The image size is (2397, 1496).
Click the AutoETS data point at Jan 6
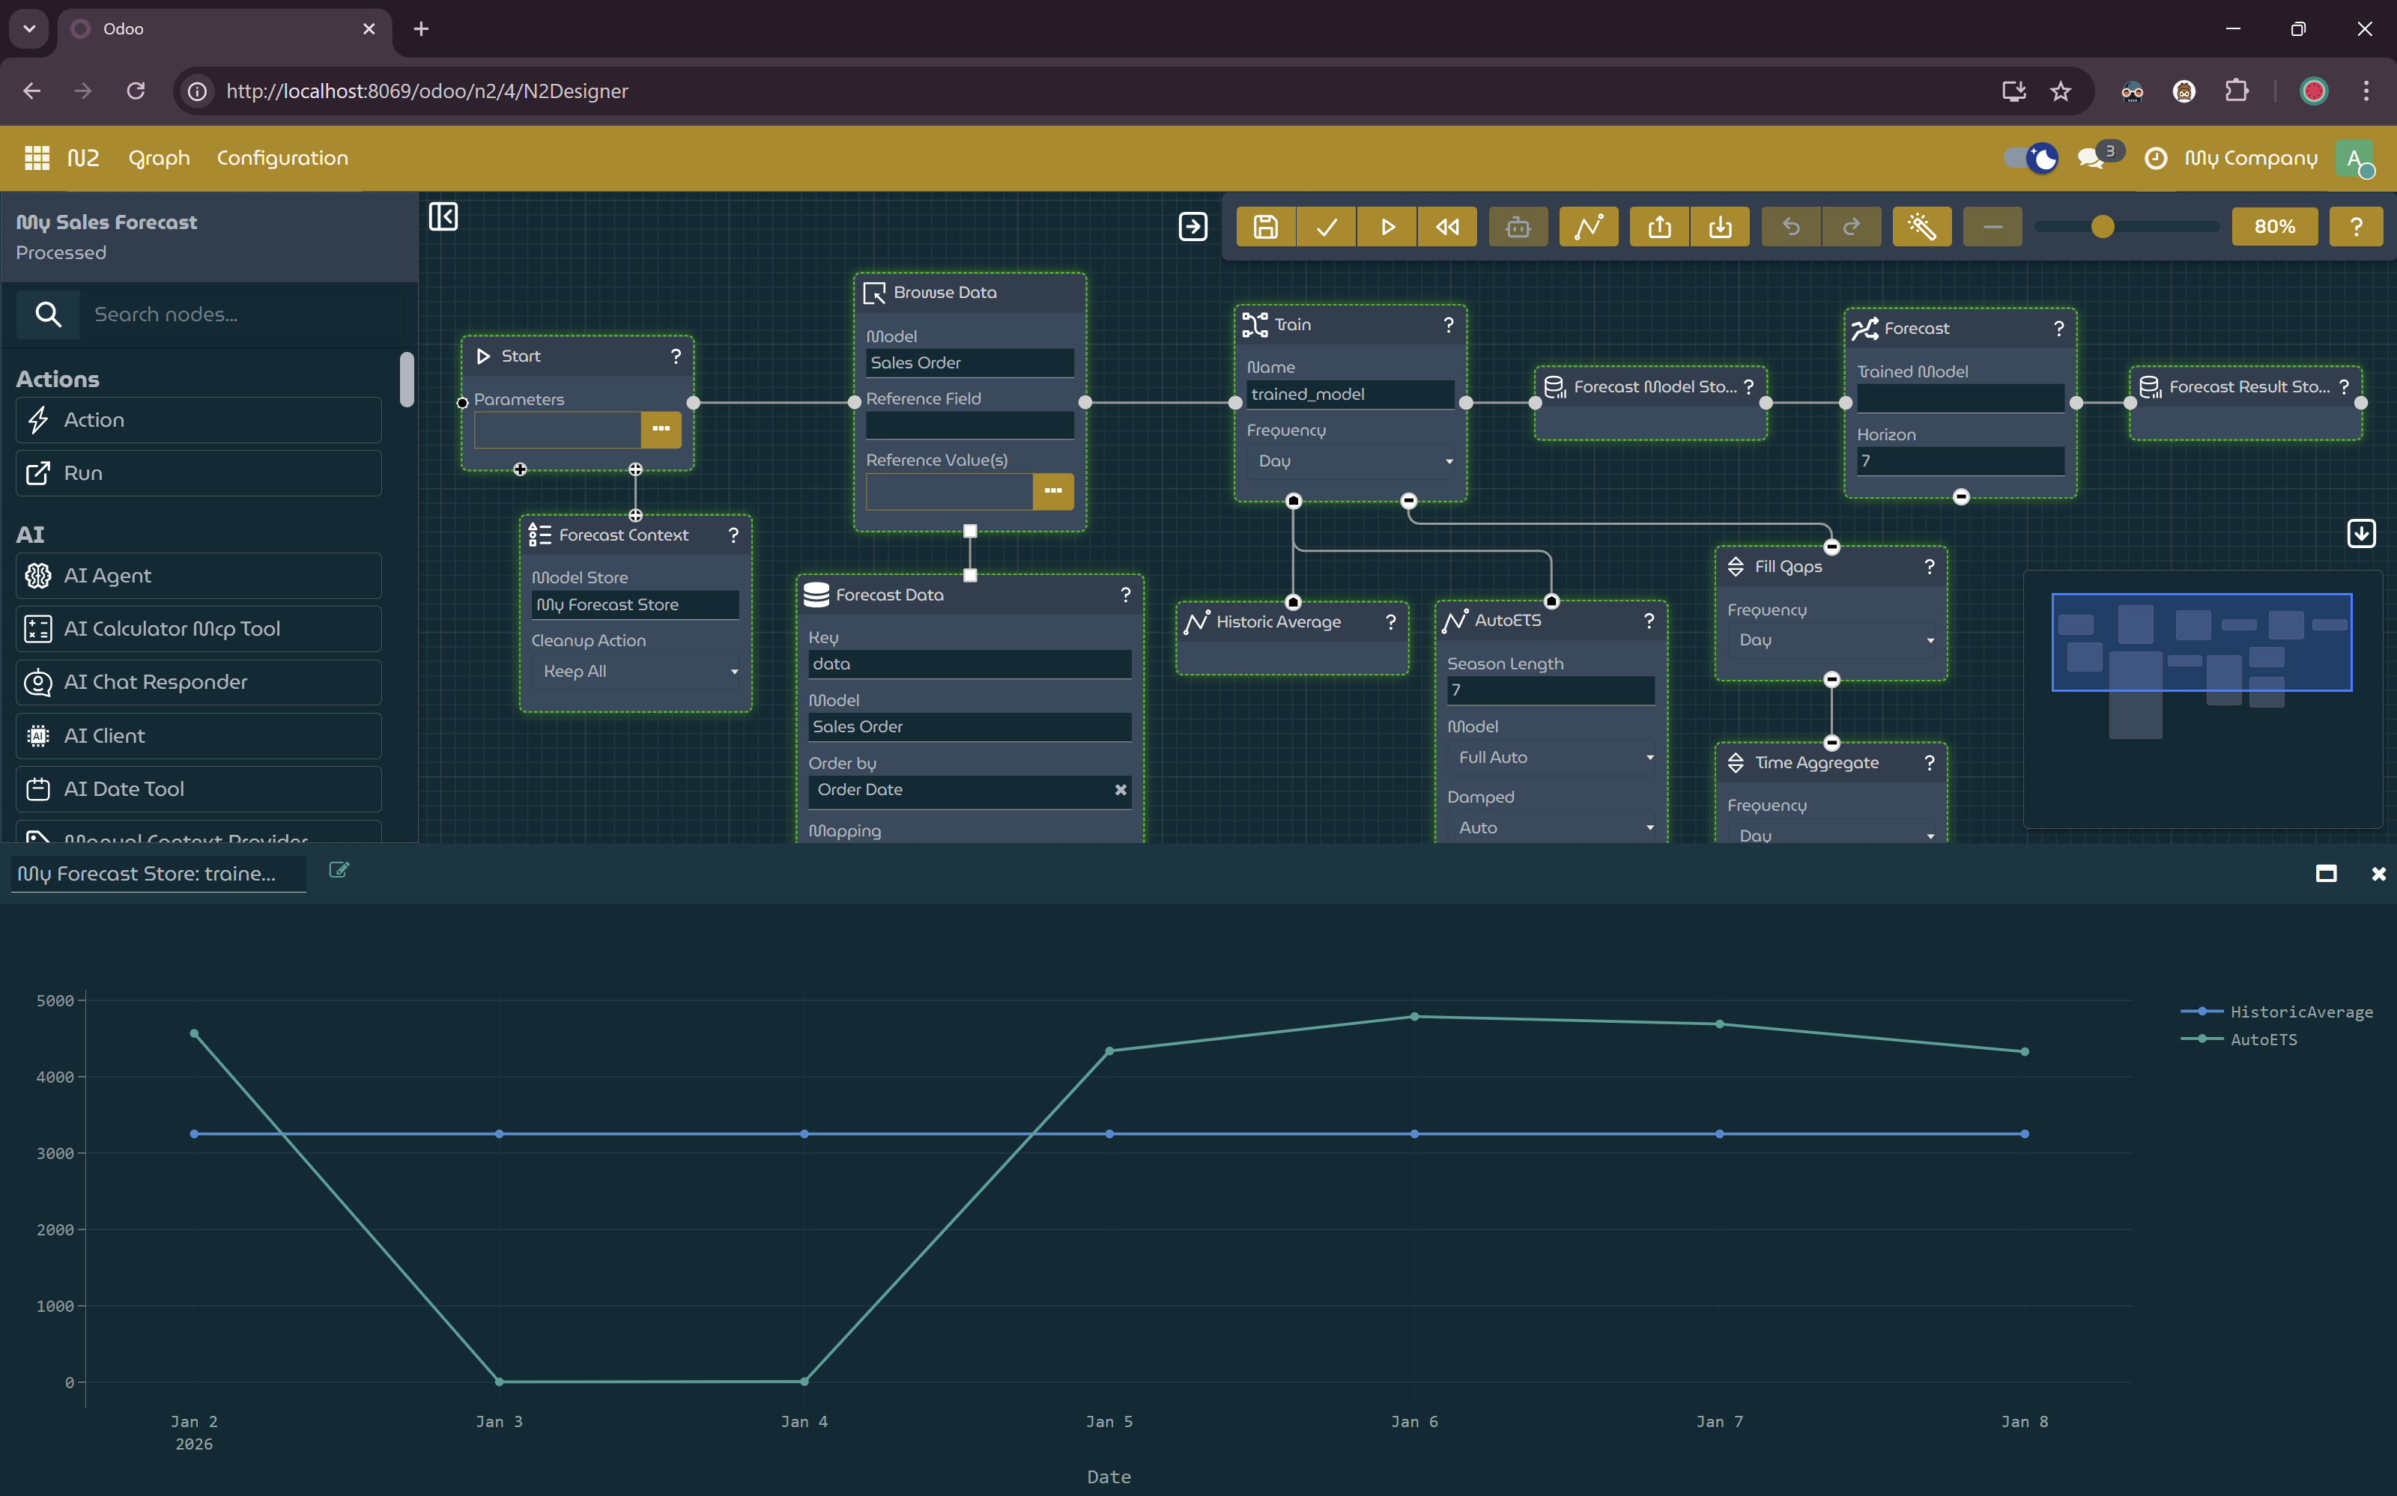[x=1414, y=1016]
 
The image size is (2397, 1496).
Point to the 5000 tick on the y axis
[x=55, y=1000]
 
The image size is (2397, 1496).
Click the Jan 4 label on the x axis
[x=804, y=1421]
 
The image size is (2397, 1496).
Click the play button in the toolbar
[x=1387, y=228]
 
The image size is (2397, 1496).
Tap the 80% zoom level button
[x=2273, y=228]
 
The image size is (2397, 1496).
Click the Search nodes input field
[x=243, y=314]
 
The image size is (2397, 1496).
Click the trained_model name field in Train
[x=1349, y=395]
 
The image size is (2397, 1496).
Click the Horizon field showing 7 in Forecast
[x=1959, y=461]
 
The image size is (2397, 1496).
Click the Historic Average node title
[x=1278, y=622]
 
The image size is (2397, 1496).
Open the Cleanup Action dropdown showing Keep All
[x=637, y=672]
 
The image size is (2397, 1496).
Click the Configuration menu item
[x=282, y=158]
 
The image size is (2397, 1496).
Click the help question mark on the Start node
[x=676, y=356]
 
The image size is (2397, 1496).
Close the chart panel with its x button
[x=2378, y=874]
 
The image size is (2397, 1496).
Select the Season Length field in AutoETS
[x=1550, y=690]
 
